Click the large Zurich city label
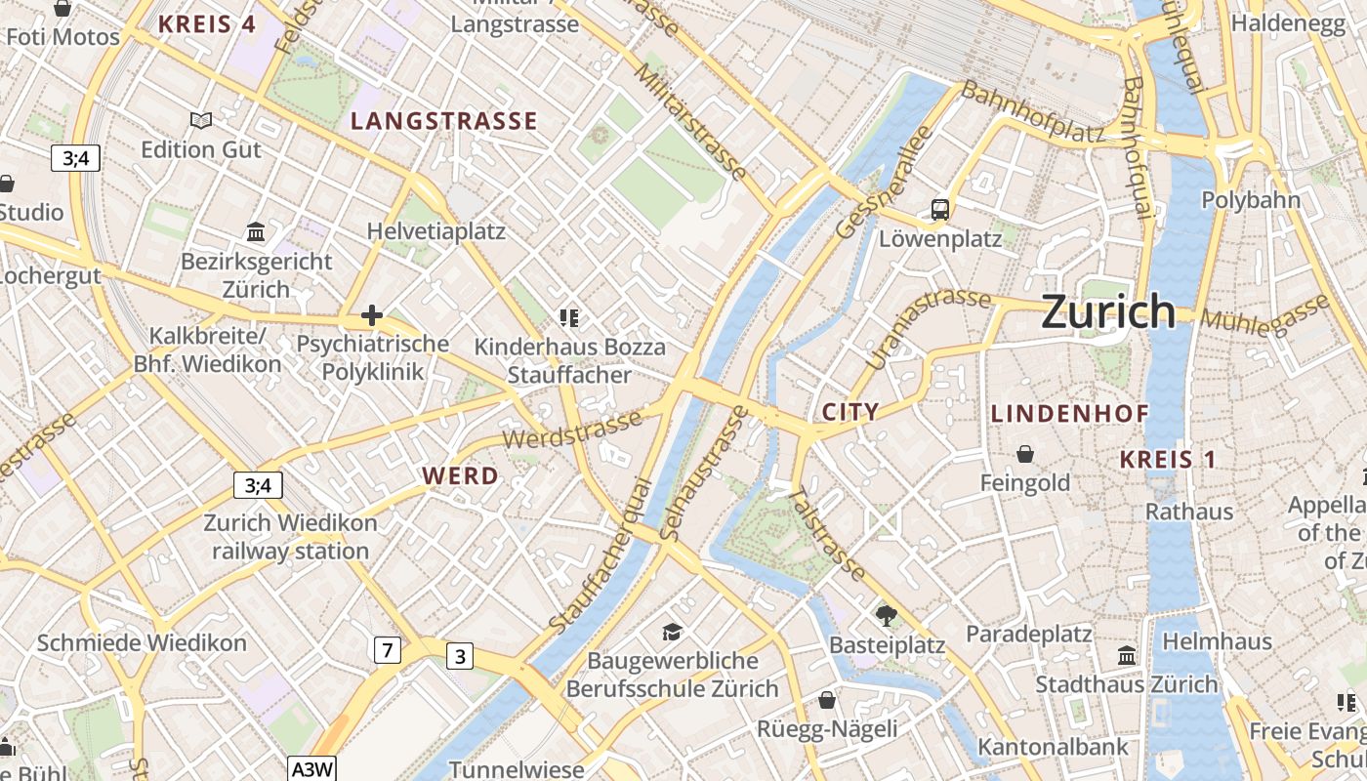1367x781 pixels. (1108, 311)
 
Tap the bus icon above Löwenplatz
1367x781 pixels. (940, 209)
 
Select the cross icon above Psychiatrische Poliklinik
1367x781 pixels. (371, 315)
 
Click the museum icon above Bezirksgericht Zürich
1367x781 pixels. (257, 232)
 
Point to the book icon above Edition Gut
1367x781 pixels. (201, 120)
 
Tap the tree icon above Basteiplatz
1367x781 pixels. (887, 615)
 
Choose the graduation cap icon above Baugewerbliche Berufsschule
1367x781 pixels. (672, 633)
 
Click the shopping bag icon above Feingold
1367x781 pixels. (1025, 454)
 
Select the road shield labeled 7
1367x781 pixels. (388, 649)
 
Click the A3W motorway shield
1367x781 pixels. (312, 769)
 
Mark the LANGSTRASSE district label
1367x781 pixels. (444, 121)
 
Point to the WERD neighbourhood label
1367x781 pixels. (460, 476)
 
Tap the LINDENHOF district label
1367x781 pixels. (1070, 413)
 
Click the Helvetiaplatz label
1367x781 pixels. (436, 231)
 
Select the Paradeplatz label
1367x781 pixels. (1028, 634)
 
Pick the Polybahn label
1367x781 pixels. (1251, 200)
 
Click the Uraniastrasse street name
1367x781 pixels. (928, 327)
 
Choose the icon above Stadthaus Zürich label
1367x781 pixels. (1127, 655)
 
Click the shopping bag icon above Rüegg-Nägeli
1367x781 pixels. (827, 700)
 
